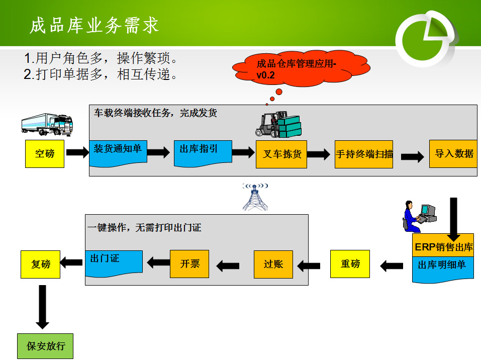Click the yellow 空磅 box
tap(45, 154)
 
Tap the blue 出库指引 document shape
tap(203, 152)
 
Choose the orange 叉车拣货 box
tap(281, 154)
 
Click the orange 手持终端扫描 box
tap(364, 154)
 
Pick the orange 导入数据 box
tap(454, 153)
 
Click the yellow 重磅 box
tap(350, 264)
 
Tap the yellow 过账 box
tap(273, 264)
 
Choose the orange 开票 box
tap(189, 263)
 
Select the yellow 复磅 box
tap(40, 264)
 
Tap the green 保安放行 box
tap(45, 346)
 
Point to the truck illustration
tap(47, 124)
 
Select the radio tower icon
tap(256, 197)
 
